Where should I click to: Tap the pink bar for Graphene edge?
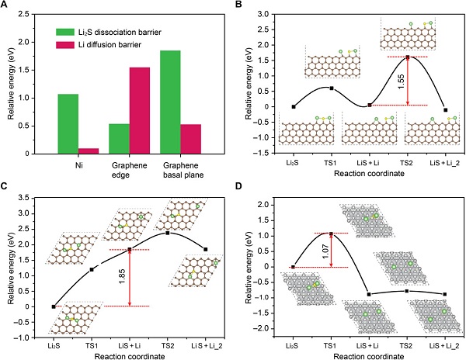[141, 110]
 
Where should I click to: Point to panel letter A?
[5, 6]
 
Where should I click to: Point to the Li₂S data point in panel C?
[54, 306]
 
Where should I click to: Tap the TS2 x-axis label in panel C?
[167, 346]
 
